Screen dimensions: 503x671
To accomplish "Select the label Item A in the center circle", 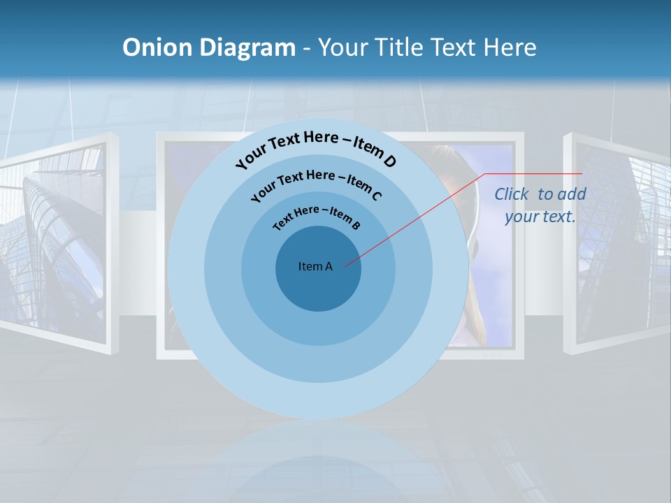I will click(x=315, y=266).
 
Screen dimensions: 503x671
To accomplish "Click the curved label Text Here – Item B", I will click(x=317, y=216).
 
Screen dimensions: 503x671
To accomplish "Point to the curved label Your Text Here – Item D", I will click(x=316, y=149).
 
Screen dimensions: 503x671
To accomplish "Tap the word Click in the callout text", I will click(x=513, y=194).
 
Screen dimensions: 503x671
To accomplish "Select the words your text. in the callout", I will click(x=540, y=217).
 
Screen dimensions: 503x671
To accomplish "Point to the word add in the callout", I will click(x=572, y=194).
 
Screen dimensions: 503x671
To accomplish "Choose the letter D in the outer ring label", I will click(x=389, y=161).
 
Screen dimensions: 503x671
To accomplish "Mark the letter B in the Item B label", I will click(x=356, y=225).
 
